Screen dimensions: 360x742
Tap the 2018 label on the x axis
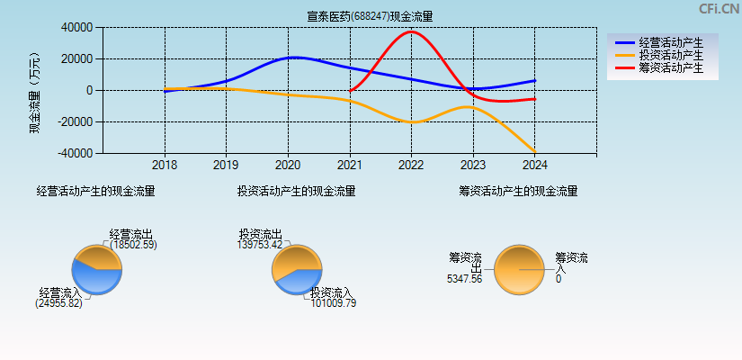click(165, 166)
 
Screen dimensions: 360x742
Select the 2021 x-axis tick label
click(350, 166)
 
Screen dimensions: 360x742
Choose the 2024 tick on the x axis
click(535, 166)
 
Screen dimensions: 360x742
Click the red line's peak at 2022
click(412, 32)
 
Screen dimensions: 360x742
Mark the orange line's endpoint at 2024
click(535, 151)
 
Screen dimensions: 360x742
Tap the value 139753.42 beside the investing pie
click(260, 245)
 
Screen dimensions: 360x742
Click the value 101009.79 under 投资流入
click(333, 303)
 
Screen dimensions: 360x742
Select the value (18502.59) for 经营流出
click(132, 245)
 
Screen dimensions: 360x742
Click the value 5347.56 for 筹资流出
click(464, 280)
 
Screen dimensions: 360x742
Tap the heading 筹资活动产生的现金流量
click(518, 192)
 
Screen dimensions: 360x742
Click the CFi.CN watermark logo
click(719, 9)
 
